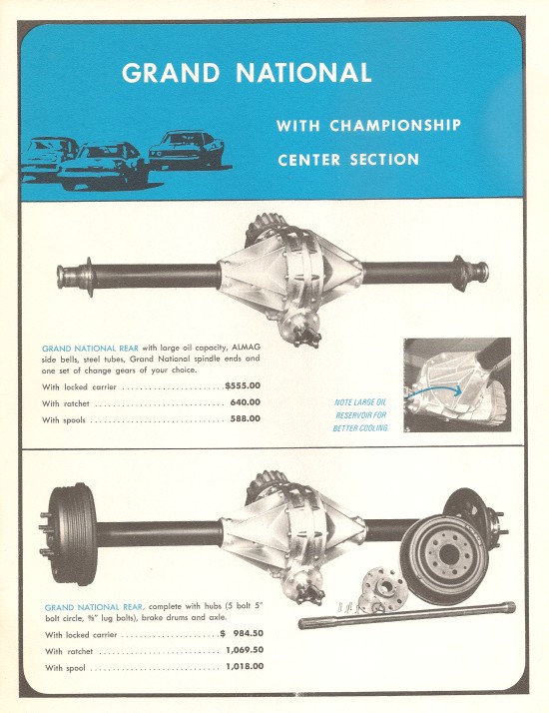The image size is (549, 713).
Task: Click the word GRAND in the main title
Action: coord(171,72)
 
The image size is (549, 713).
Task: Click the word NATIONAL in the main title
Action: coord(303,72)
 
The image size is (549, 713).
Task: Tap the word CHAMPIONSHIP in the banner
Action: coord(395,125)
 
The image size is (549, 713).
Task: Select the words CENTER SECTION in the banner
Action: coord(348,160)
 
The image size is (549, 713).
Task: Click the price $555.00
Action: coord(243,385)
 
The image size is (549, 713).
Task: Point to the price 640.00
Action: coord(245,402)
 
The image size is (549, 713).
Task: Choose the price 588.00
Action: coord(245,418)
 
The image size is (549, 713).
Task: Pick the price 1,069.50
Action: coord(245,650)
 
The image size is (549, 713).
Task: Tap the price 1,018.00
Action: coord(245,666)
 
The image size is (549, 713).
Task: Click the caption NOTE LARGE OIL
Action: coord(360,402)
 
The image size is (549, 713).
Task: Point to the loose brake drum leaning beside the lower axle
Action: coord(444,559)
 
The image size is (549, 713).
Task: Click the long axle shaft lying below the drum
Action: coord(406,614)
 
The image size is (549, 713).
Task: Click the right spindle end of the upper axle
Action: coord(471,272)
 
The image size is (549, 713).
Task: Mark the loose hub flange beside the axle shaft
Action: coord(384,585)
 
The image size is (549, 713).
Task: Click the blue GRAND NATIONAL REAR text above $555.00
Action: coord(90,349)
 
